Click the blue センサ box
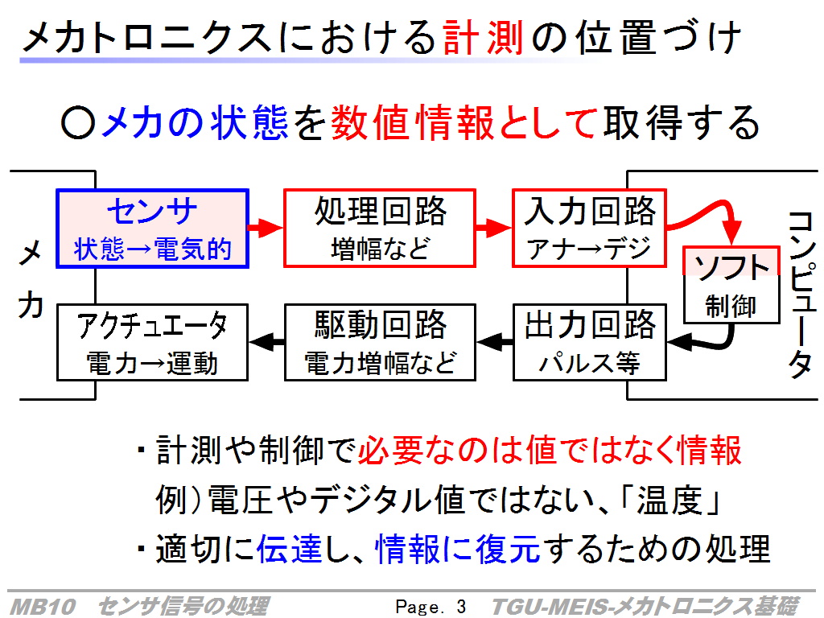[x=152, y=229]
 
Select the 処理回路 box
[x=380, y=229]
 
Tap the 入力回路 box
[x=590, y=229]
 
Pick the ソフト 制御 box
[x=731, y=285]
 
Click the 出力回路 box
[x=590, y=342]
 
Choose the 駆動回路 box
[x=380, y=342]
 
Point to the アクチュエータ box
[x=152, y=342]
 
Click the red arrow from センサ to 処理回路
[x=266, y=228]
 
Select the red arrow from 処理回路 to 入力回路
[x=494, y=228]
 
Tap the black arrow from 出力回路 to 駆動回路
[x=495, y=342]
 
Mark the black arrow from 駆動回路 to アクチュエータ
[x=266, y=342]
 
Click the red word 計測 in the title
[x=484, y=38]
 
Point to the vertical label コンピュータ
[x=802, y=295]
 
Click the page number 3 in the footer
[x=461, y=607]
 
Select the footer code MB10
[x=43, y=607]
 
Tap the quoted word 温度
[x=669, y=500]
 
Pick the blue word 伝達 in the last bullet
[x=289, y=548]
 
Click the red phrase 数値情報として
[x=464, y=122]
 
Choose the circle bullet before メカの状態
[x=78, y=123]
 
